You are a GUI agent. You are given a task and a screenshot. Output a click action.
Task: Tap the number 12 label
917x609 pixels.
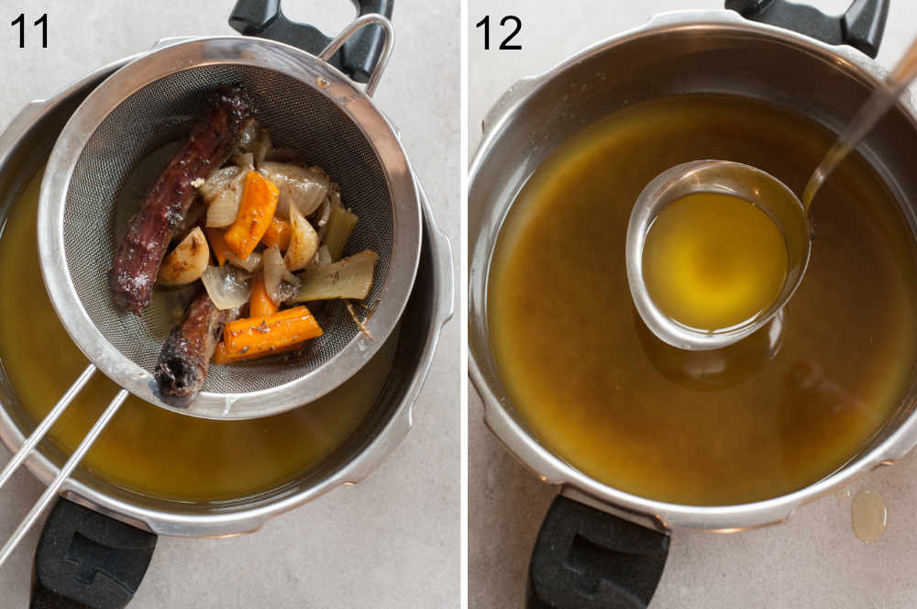pyautogui.click(x=498, y=33)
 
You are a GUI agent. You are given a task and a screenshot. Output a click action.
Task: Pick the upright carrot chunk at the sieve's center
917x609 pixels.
pyautogui.click(x=251, y=215)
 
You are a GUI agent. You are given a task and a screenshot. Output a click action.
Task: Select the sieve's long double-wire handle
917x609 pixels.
pyautogui.click(x=55, y=459)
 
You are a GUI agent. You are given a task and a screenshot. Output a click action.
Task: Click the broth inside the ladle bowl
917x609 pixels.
pyautogui.click(x=713, y=260)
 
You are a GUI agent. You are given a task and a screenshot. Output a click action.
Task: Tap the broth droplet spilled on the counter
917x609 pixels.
pyautogui.click(x=867, y=515)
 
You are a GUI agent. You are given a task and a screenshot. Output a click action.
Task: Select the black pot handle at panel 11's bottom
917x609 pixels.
pyautogui.click(x=92, y=559)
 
